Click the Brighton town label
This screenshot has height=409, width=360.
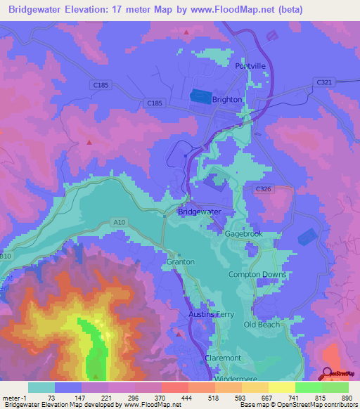226,100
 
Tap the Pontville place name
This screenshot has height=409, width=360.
251,65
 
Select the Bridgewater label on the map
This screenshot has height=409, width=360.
199,212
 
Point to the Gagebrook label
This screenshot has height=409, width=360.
243,233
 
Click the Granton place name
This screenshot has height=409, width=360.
180,261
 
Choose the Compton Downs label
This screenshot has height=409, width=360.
257,274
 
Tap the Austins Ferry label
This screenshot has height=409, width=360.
210,314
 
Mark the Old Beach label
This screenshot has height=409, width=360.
261,325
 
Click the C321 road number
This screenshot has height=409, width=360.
324,82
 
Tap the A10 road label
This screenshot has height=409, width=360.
119,223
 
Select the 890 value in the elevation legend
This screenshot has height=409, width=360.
346,397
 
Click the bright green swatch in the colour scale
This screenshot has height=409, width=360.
309,387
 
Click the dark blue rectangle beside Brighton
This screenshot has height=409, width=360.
200,98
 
